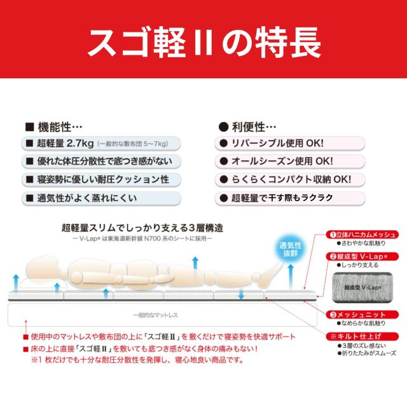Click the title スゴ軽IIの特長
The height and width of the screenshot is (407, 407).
pyautogui.click(x=204, y=43)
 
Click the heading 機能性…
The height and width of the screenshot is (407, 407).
pyautogui.click(x=53, y=127)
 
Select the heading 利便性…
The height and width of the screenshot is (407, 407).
pyautogui.click(x=247, y=127)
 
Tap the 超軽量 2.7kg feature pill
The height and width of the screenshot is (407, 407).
pyautogui.click(x=101, y=144)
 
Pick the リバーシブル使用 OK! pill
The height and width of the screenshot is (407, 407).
pyautogui.click(x=290, y=144)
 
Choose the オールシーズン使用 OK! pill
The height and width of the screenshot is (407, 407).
pyautogui.click(x=290, y=162)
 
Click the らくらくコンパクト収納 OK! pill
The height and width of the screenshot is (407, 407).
pyautogui.click(x=290, y=179)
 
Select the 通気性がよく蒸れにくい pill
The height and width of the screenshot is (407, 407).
pyautogui.click(x=101, y=198)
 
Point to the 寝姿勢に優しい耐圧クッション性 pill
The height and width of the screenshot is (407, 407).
pyautogui.click(x=101, y=179)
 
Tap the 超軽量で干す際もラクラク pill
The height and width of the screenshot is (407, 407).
pyautogui.click(x=290, y=198)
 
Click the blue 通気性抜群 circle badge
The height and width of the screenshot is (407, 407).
pyautogui.click(x=290, y=250)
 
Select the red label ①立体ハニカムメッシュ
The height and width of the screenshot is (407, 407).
pyautogui.click(x=362, y=235)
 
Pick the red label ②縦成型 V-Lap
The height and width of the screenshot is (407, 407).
pyautogui.click(x=362, y=256)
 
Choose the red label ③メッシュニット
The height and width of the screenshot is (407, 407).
pyautogui.click(x=362, y=315)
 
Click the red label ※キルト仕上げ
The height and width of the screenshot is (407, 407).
pyautogui.click(x=362, y=336)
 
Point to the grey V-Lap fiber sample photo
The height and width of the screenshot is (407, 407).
pyautogui.click(x=362, y=287)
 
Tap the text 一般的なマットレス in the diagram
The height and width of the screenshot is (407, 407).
pyautogui.click(x=155, y=315)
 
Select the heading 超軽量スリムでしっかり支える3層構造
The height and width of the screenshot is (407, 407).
pyautogui.click(x=142, y=228)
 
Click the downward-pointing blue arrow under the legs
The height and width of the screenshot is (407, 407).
pyautogui.click(x=241, y=293)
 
